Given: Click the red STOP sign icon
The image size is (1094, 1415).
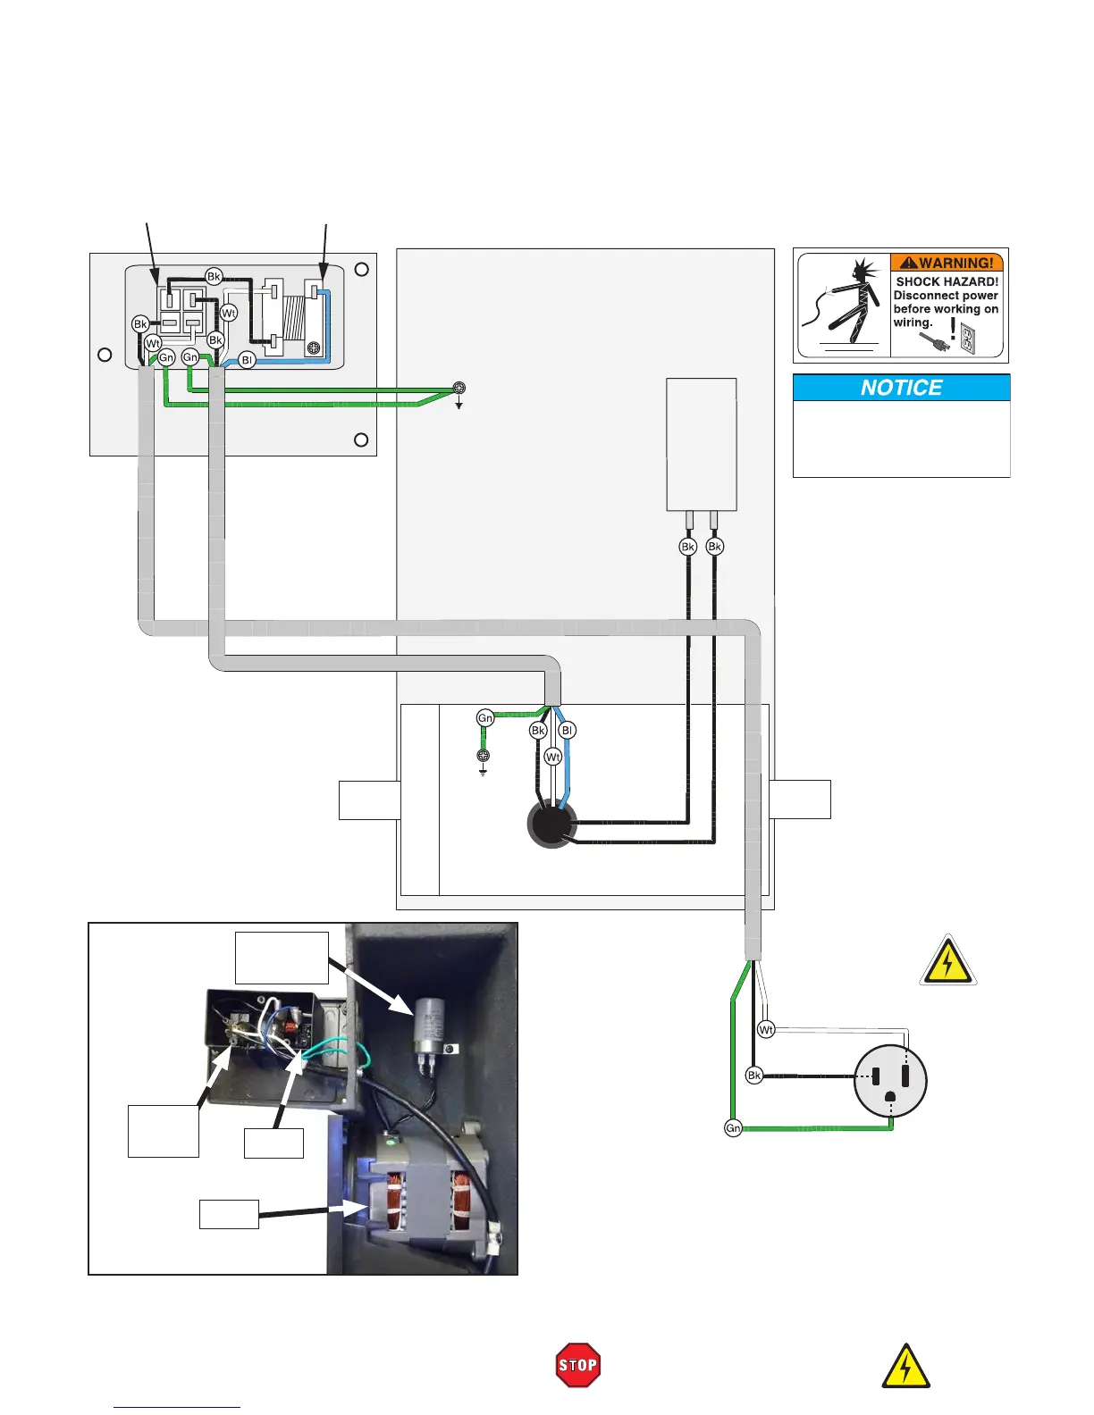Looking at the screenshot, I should click(x=577, y=1365).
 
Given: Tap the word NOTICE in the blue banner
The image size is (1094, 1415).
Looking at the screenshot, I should click(x=901, y=388).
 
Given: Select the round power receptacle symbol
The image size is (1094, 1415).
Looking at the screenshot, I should click(x=890, y=1081).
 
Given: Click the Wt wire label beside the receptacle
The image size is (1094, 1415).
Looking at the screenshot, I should click(x=766, y=1030).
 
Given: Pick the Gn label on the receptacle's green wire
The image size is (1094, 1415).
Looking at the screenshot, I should click(x=733, y=1128).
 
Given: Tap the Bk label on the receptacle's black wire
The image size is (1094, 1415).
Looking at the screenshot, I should click(x=754, y=1076).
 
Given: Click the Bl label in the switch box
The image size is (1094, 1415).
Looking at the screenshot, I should click(x=248, y=360).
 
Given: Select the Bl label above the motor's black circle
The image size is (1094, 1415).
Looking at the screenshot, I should click(x=567, y=731).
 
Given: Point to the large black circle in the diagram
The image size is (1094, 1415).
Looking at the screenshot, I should click(x=552, y=823).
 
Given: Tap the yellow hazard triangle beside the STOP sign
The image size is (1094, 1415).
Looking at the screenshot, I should click(x=906, y=1367).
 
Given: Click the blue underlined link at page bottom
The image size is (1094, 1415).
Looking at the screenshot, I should click(x=177, y=1407).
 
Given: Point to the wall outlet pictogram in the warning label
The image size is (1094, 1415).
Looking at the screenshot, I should click(x=968, y=336).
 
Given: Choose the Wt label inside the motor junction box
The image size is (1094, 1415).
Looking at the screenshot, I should click(x=552, y=758).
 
